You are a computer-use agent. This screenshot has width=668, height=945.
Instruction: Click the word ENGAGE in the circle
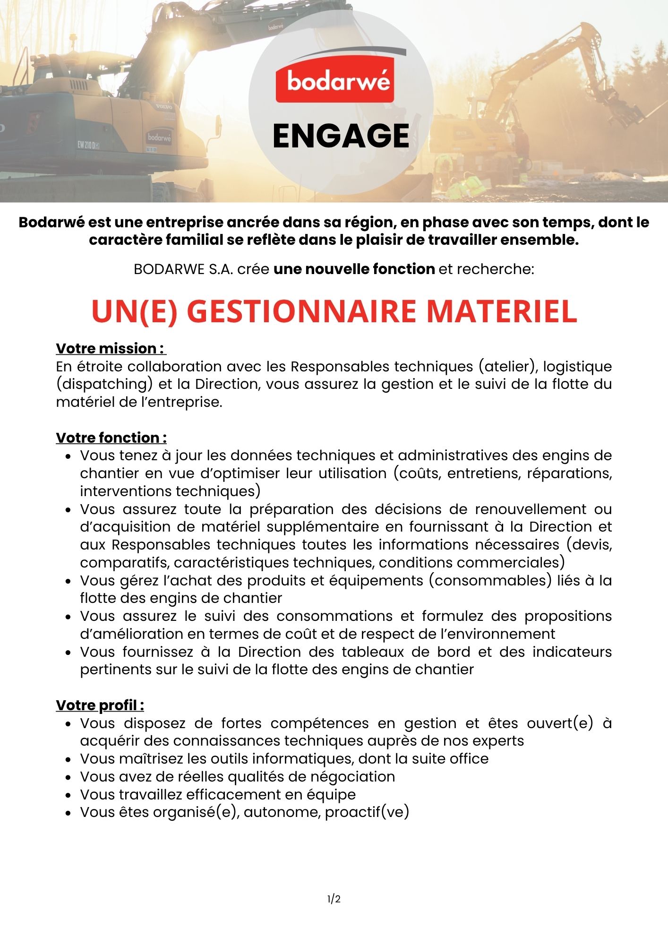tap(341, 136)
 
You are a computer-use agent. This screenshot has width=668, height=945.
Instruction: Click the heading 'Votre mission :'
tap(111, 348)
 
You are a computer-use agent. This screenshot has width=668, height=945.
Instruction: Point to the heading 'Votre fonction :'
tap(111, 438)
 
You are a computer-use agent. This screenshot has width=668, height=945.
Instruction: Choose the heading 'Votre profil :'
tap(100, 705)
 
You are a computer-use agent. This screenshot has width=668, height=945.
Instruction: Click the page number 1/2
tap(334, 899)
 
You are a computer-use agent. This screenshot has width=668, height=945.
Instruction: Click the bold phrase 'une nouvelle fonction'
tap(354, 269)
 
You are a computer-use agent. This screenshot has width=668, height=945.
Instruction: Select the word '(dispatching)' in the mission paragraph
tap(104, 384)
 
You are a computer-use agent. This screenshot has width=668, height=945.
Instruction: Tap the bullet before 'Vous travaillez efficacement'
tap(69, 795)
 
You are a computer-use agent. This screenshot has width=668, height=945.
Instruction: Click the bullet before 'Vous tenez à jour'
tap(69, 456)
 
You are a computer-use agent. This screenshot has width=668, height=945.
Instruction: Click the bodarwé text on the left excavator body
tap(159, 137)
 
